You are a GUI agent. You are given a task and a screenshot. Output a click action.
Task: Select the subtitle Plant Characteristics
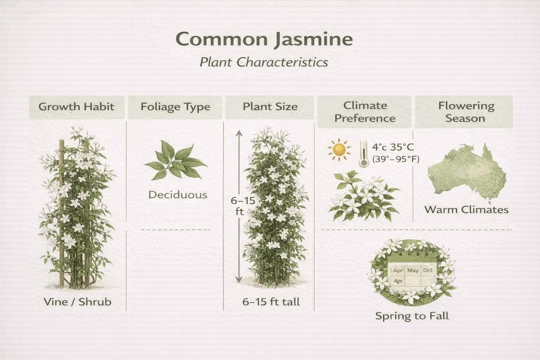264,62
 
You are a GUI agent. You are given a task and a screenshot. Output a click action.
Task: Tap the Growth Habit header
76,107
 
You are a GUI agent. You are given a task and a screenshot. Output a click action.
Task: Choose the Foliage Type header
175,107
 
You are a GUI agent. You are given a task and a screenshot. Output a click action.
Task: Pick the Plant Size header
270,107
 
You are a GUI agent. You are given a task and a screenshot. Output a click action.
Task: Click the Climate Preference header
365,112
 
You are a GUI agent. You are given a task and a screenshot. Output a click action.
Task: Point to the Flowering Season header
465,112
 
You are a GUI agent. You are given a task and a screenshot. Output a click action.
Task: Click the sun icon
339,150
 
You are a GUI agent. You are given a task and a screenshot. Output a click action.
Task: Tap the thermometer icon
362,154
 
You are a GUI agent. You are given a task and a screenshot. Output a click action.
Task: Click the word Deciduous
178,195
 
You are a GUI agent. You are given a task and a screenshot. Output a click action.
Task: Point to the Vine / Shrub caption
77,302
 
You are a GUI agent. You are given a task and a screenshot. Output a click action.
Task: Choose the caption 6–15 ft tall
271,302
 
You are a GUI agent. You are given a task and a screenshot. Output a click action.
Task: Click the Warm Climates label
466,210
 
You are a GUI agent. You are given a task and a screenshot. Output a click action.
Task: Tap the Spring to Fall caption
412,316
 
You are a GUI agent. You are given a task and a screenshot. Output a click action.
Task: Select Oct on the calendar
427,270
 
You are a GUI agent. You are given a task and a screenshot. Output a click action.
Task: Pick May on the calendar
413,270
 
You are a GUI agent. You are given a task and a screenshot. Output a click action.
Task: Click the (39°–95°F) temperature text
396,159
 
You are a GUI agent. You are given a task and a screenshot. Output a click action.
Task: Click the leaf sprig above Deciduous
175,161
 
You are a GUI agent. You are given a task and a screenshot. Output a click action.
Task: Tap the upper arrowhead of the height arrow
239,133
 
